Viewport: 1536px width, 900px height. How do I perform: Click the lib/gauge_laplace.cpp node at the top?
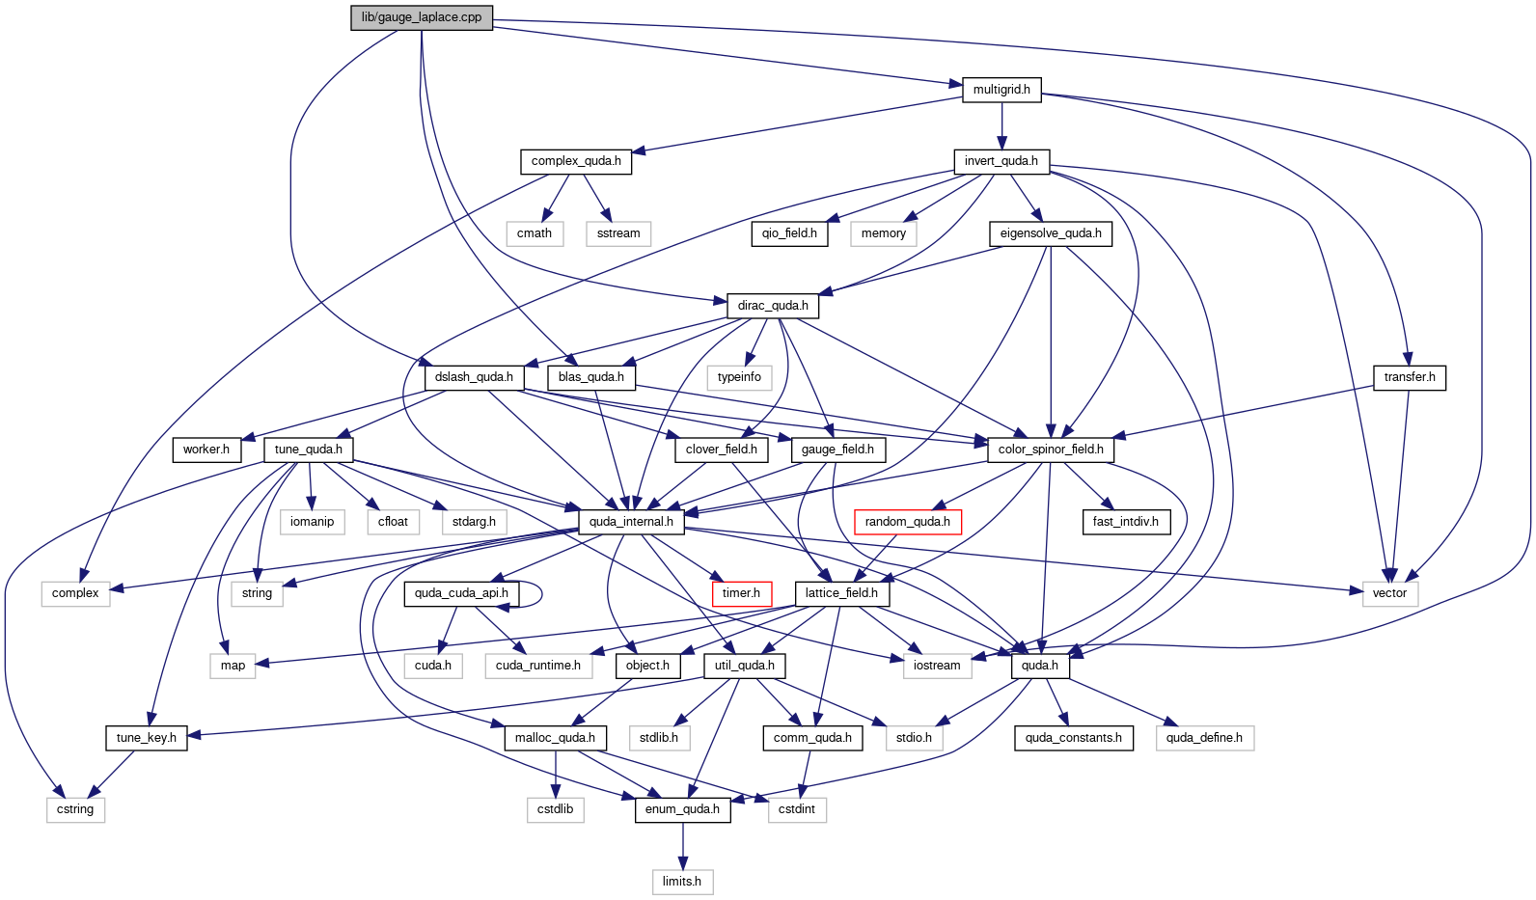coord(421,17)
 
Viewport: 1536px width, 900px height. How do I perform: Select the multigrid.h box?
coord(1001,90)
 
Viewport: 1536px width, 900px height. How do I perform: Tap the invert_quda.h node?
coord(1001,162)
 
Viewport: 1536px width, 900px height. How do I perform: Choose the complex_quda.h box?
coord(576,162)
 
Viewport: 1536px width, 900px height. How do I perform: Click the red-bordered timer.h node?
coord(741,593)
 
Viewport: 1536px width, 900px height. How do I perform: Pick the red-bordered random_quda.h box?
coord(907,522)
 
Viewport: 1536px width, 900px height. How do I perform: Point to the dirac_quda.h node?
coord(773,306)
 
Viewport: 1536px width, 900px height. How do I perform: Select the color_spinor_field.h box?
coord(1051,450)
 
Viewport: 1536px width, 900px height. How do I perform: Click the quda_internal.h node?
coord(631,522)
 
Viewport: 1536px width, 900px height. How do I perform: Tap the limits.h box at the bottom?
coord(682,882)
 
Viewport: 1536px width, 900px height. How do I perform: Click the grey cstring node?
coord(75,809)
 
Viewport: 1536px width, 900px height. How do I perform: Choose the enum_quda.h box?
coord(682,809)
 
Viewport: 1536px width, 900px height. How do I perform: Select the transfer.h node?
coord(1410,378)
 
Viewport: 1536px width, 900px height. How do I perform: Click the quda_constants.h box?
coord(1073,738)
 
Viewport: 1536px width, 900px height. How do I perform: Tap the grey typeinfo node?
coord(739,378)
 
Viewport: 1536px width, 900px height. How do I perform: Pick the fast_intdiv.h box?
coord(1125,522)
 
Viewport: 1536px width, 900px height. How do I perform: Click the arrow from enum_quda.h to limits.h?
coord(682,846)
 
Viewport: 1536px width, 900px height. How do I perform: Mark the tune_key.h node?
coord(146,738)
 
